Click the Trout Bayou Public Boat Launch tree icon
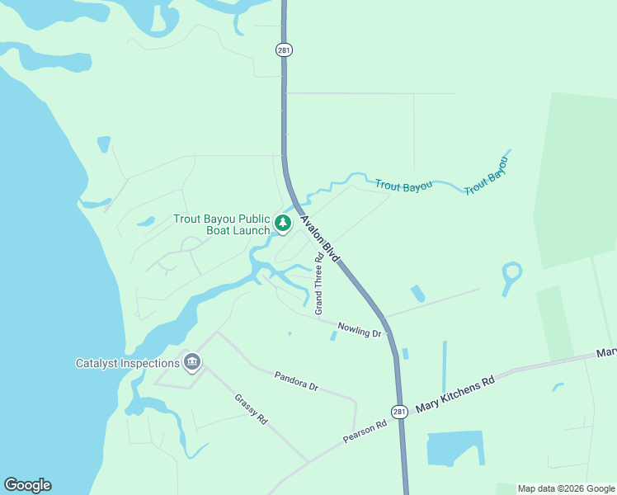coord(283,223)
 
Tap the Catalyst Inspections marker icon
coord(192,361)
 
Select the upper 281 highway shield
coord(284,49)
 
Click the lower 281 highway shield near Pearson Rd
coord(399,412)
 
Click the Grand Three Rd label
coord(318,284)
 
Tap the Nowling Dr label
coord(360,329)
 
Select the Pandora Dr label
coord(296,380)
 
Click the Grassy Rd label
coord(251,409)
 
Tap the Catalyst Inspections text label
coord(128,363)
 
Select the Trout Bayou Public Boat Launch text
coord(221,224)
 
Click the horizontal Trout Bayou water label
coord(403,186)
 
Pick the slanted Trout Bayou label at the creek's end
coord(485,177)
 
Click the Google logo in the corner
coord(27,485)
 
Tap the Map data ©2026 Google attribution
coord(566,488)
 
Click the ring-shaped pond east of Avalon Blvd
coord(511,274)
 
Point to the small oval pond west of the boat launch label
coord(146,221)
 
